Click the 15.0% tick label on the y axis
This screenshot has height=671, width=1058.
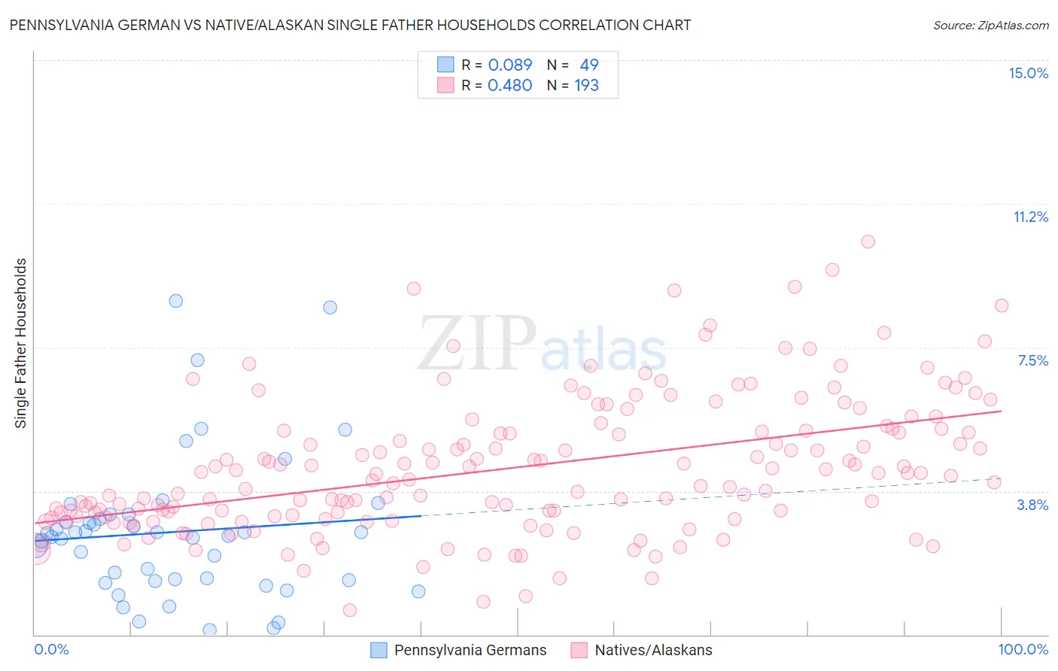1028,73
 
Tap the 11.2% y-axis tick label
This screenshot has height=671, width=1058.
1030,217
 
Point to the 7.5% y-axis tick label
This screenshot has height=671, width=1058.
1032,360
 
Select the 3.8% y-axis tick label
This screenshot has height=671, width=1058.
1032,505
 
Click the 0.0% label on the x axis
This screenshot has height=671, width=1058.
51,649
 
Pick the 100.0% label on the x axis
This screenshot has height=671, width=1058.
1023,649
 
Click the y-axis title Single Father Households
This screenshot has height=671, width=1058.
21,343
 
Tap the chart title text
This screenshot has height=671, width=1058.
350,25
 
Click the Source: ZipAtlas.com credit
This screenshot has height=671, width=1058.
990,26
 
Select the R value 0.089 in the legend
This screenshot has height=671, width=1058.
509,65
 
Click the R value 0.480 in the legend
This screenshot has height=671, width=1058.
509,85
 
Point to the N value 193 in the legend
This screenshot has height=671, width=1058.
586,85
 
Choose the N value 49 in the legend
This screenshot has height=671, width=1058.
589,65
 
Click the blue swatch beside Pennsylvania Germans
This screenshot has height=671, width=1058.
379,650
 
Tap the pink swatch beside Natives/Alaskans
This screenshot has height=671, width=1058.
579,650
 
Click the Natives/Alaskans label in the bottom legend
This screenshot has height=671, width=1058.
653,650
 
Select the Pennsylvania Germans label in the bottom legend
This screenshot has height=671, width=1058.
470,650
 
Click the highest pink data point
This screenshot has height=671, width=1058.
868,241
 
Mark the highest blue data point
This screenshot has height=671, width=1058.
175,300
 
